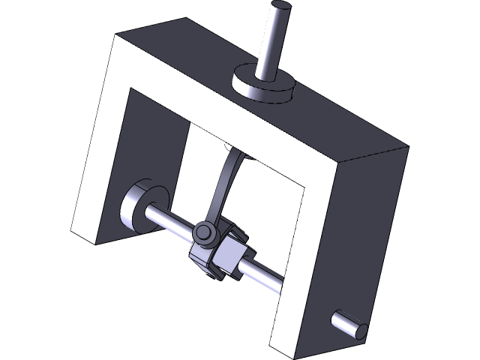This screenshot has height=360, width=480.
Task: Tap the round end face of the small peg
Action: (361, 331)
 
